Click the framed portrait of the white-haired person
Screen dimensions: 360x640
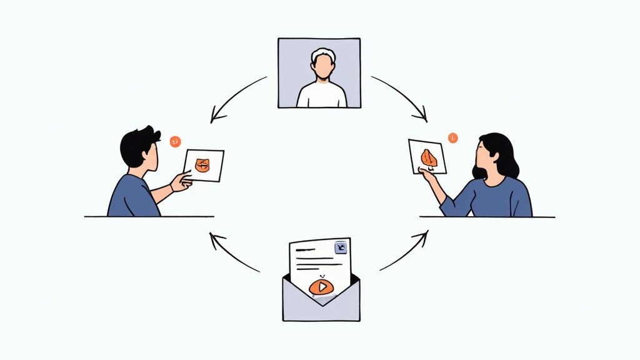tap(319, 72)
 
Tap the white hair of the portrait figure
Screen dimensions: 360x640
tap(323, 54)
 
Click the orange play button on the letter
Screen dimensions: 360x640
tap(321, 287)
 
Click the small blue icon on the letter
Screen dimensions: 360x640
tap(341, 247)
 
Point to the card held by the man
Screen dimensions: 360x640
tap(204, 165)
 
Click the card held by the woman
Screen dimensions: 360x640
tap(427, 156)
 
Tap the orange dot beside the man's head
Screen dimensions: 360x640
tap(175, 141)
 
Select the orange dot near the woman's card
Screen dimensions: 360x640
tap(452, 137)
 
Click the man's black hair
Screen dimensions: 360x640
tap(136, 143)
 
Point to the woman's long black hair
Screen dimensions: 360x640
tap(505, 156)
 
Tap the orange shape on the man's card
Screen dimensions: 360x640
tap(203, 165)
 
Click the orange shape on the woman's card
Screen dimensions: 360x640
tap(428, 157)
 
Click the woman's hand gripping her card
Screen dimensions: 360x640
tap(427, 174)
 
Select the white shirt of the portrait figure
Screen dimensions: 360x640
tap(321, 95)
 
